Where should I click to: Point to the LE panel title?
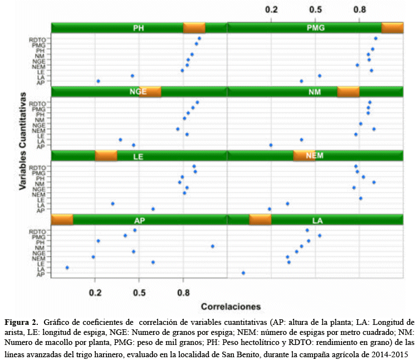click(x=139, y=156)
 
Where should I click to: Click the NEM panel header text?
click(x=315, y=155)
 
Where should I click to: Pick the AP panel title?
click(x=139, y=220)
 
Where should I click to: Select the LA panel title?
click(x=317, y=220)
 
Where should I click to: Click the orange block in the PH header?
click(x=194, y=28)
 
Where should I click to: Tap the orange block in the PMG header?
click(x=392, y=28)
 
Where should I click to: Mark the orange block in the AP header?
click(x=62, y=220)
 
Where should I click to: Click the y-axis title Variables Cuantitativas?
click(x=22, y=142)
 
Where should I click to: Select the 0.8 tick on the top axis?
click(x=360, y=10)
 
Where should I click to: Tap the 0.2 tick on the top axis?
click(x=272, y=10)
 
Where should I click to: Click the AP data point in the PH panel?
click(x=98, y=81)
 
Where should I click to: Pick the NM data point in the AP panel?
click(x=212, y=246)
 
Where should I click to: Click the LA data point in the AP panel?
click(x=67, y=267)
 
